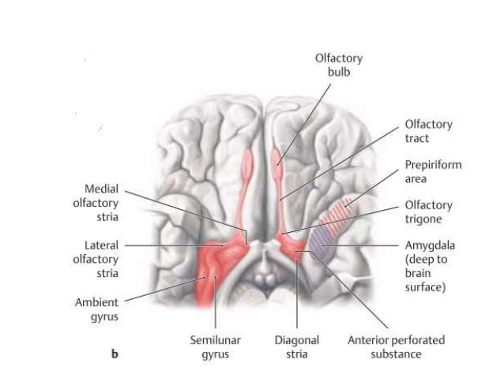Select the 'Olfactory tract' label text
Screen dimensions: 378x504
pos(428,131)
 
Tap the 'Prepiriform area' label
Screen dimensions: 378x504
pos(432,172)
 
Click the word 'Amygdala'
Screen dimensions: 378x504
pos(430,245)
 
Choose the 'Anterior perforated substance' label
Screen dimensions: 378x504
pos(396,347)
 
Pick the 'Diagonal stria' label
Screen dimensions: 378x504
pos(296,347)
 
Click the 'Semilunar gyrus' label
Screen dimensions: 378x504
pos(214,347)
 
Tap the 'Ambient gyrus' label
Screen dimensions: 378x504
pos(96,309)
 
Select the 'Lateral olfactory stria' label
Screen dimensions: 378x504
pos(96,259)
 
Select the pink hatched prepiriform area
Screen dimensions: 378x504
pos(341,213)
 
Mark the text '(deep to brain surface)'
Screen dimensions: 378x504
pos(427,273)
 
